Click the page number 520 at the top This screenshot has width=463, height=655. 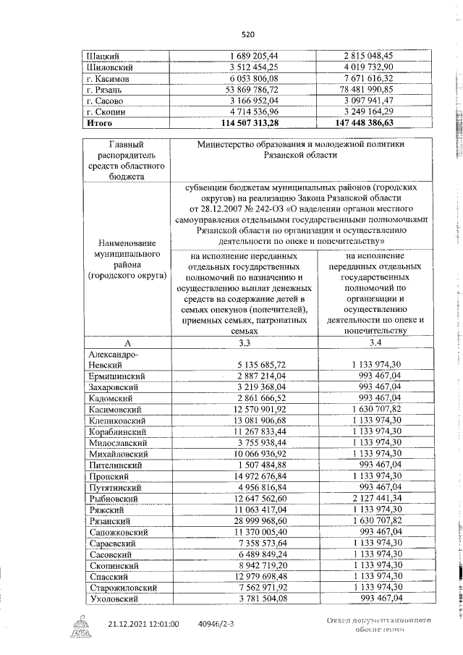click(x=248, y=34)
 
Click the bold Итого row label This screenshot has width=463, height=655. click(x=99, y=124)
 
